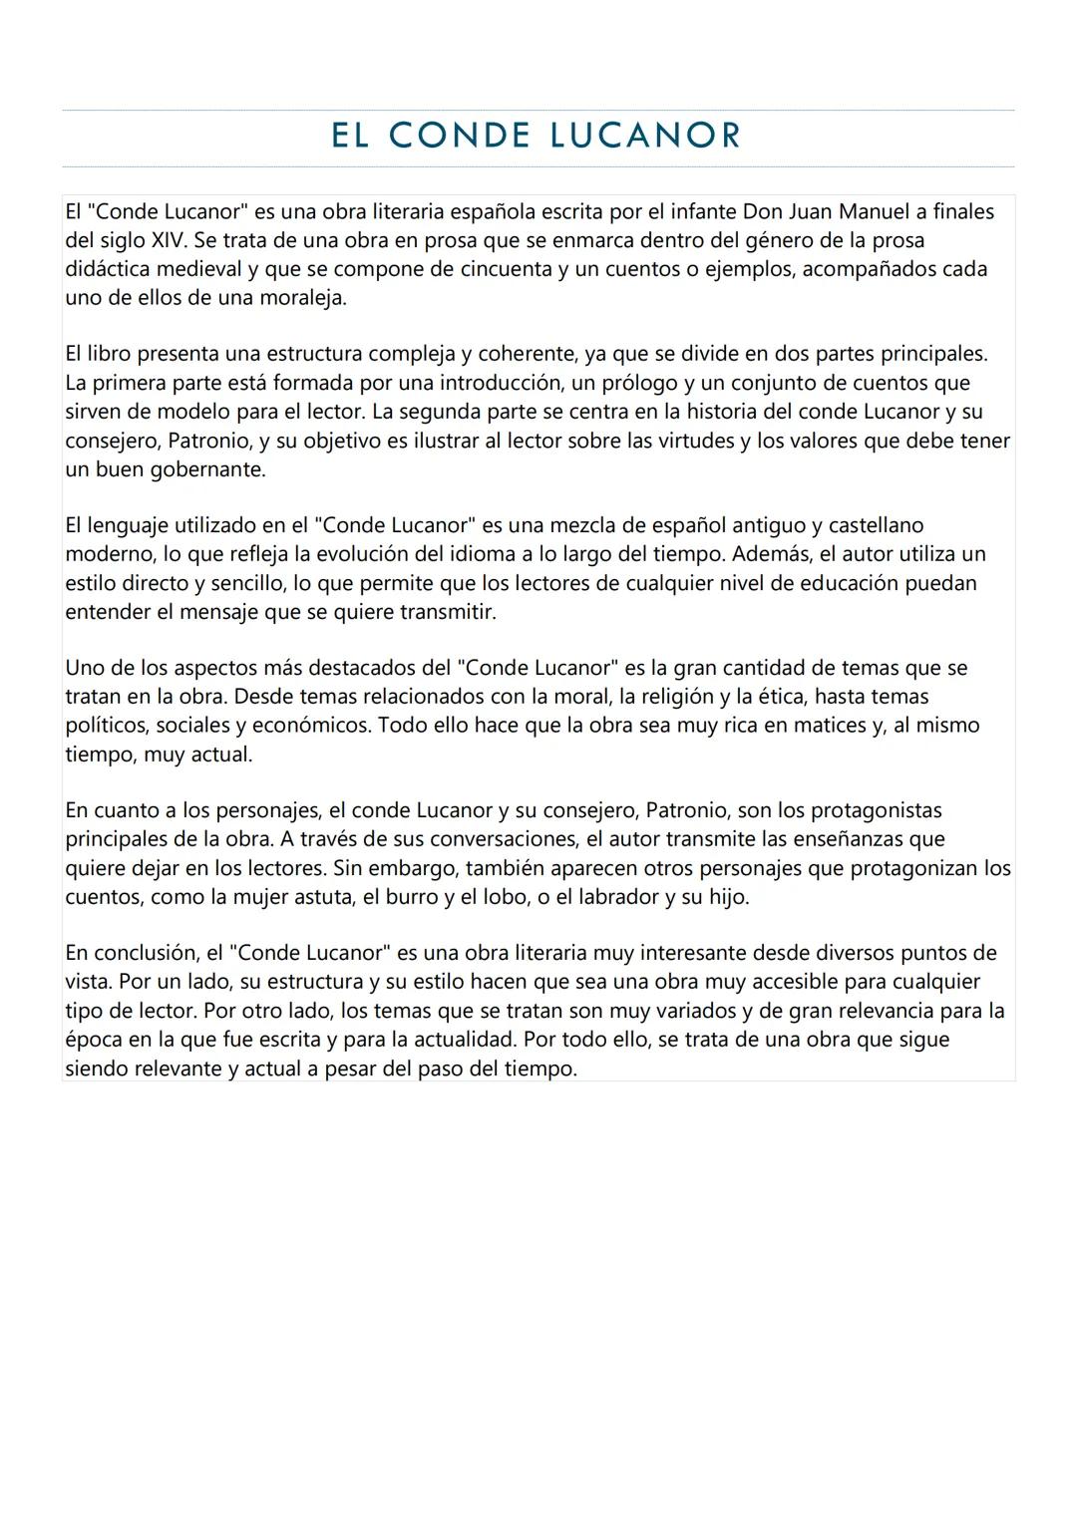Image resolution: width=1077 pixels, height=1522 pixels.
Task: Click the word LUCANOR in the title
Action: pos(645,136)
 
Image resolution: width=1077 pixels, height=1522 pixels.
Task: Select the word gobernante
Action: pos(207,469)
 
